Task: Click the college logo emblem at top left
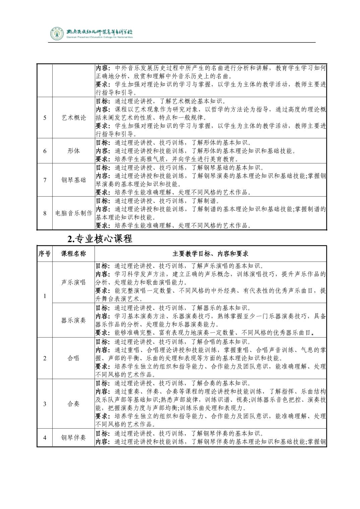tap(56, 33)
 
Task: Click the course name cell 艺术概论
tap(74, 118)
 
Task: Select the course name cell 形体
tap(74, 151)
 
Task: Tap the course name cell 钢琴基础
tap(74, 180)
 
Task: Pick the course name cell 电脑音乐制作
tap(74, 213)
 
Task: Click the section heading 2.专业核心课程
tap(100, 239)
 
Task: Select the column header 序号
tap(45, 254)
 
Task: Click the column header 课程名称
tap(74, 254)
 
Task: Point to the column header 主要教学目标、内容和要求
tap(210, 254)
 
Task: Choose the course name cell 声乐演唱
tap(74, 282)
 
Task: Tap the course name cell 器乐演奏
tap(74, 320)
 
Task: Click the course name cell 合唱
tap(74, 358)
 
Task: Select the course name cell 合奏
tap(74, 404)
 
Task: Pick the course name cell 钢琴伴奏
tap(74, 438)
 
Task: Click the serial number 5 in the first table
tap(45, 118)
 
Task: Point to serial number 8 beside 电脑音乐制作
tap(45, 213)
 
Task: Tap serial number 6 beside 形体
tap(45, 151)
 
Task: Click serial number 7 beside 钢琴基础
tap(45, 180)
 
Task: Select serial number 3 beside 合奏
tap(45, 404)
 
